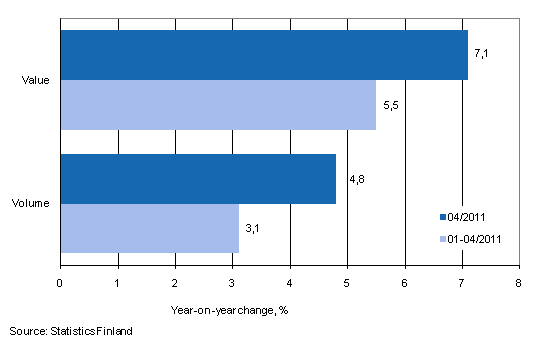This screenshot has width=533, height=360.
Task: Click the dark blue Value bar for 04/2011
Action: pos(264,55)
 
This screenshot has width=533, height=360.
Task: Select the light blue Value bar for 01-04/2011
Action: pos(218,105)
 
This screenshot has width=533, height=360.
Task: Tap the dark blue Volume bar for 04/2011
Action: pos(198,178)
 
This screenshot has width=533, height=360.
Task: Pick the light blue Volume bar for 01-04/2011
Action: pos(150,227)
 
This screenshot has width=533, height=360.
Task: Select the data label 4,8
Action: pos(355,180)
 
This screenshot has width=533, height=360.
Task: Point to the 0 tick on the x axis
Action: pos(61,283)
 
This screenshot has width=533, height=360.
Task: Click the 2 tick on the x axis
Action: pos(175,283)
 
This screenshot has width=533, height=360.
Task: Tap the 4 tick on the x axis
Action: pos(290,283)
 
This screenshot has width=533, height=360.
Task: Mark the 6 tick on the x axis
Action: pos(404,283)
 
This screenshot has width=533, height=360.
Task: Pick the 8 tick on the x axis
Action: pos(518,283)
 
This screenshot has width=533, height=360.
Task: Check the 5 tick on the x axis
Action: pos(347,283)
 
